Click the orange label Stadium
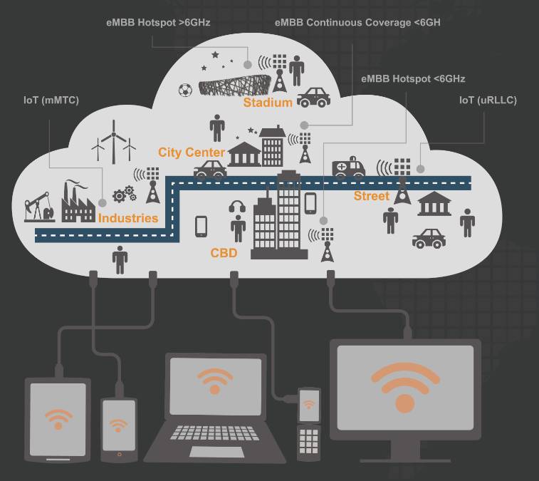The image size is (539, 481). coord(268,103)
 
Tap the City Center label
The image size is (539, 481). coord(191,152)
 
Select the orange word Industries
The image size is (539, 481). coord(128,218)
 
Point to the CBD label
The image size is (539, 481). coord(224,253)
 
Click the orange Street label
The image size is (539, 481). coord(372,196)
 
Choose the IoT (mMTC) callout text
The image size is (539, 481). coord(51,100)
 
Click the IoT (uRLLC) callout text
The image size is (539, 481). coord(488,100)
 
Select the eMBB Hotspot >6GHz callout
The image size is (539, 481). coord(157,23)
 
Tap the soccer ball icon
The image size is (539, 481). coord(185,90)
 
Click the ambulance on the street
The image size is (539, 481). coord(349,168)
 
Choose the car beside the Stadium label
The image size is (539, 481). coord(313,98)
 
